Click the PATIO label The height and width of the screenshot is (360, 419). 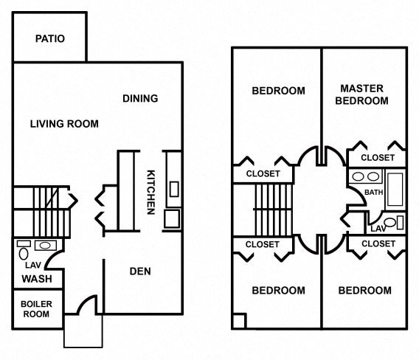[50, 39]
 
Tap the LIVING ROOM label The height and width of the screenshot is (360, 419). [64, 124]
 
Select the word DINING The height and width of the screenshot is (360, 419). [140, 99]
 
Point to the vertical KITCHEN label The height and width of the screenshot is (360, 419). [151, 192]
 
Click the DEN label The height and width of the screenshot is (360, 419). [140, 271]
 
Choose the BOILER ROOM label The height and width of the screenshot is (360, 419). [36, 309]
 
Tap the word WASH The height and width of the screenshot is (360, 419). [37, 279]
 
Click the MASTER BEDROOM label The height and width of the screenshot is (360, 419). [361, 94]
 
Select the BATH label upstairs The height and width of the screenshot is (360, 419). [373, 192]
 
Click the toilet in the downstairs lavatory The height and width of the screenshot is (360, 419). [24, 253]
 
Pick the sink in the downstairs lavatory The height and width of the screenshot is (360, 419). [46, 246]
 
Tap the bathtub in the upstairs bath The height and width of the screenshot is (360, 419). [395, 189]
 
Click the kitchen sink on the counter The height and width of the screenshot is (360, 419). [174, 189]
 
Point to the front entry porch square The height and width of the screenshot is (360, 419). [83, 331]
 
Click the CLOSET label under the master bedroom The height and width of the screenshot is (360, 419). [378, 158]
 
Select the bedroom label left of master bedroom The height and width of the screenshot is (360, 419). [278, 91]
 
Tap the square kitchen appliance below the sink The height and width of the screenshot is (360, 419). [173, 219]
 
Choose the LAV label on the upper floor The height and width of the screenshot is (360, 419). [378, 229]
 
